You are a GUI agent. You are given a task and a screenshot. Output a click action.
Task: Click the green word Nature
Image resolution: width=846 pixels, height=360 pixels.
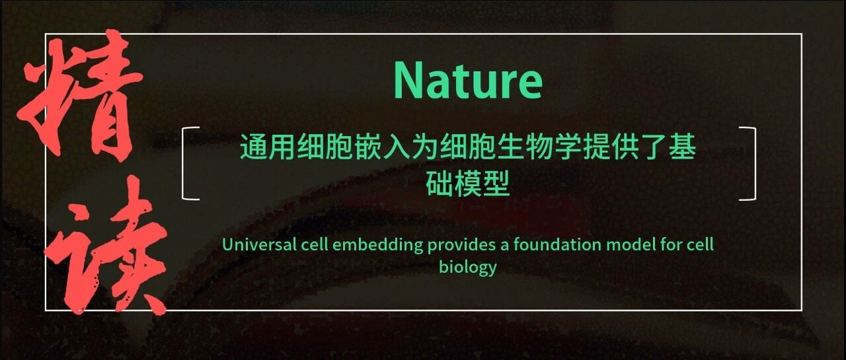coord(468,81)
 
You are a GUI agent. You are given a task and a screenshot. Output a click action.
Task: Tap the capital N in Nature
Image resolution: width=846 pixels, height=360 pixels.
coord(409,80)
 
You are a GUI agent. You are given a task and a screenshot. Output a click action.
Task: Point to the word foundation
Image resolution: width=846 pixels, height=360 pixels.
coord(557,244)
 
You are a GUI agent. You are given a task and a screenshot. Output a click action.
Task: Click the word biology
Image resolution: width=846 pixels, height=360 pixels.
coord(467,268)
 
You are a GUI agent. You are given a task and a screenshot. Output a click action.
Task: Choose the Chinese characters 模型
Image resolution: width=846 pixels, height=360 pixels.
coord(482,184)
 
